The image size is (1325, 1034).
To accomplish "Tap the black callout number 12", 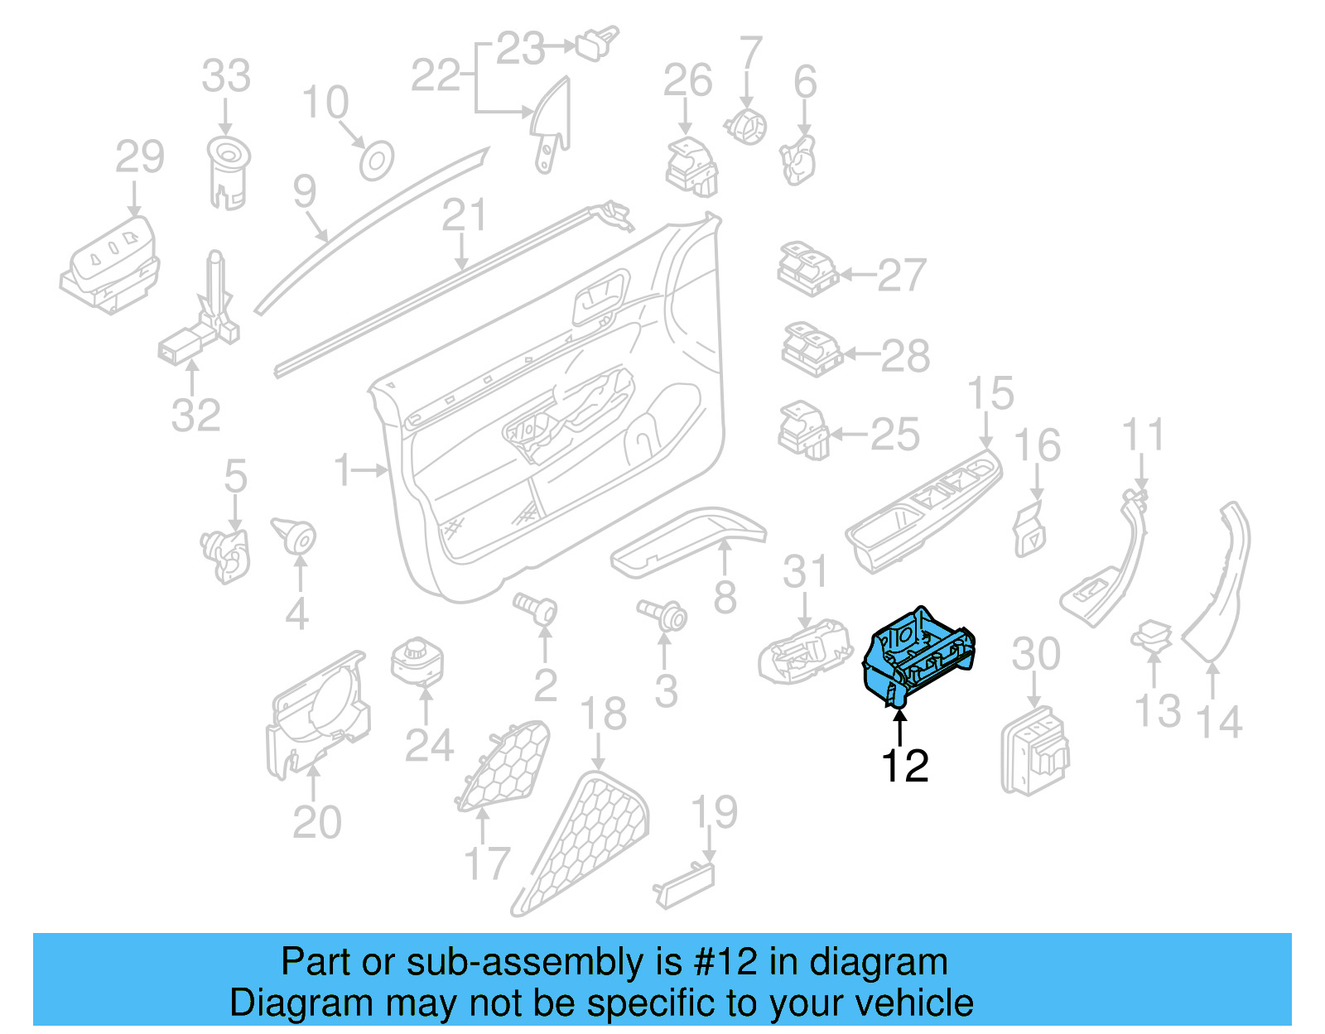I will [x=904, y=766].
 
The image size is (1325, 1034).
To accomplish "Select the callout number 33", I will [x=226, y=76].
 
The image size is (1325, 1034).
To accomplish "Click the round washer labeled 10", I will [x=376, y=161].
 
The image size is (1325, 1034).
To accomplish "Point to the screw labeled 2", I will [x=536, y=608].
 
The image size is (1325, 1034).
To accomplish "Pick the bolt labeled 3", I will [x=662, y=615].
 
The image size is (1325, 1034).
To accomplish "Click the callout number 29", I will [x=140, y=156].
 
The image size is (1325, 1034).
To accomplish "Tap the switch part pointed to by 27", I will [x=807, y=269].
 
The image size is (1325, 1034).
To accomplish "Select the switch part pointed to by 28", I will [x=811, y=349].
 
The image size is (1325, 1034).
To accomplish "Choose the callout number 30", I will [x=1035, y=654].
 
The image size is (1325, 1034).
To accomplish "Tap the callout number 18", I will [x=603, y=714].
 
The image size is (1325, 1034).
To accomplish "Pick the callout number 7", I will [x=749, y=53].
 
